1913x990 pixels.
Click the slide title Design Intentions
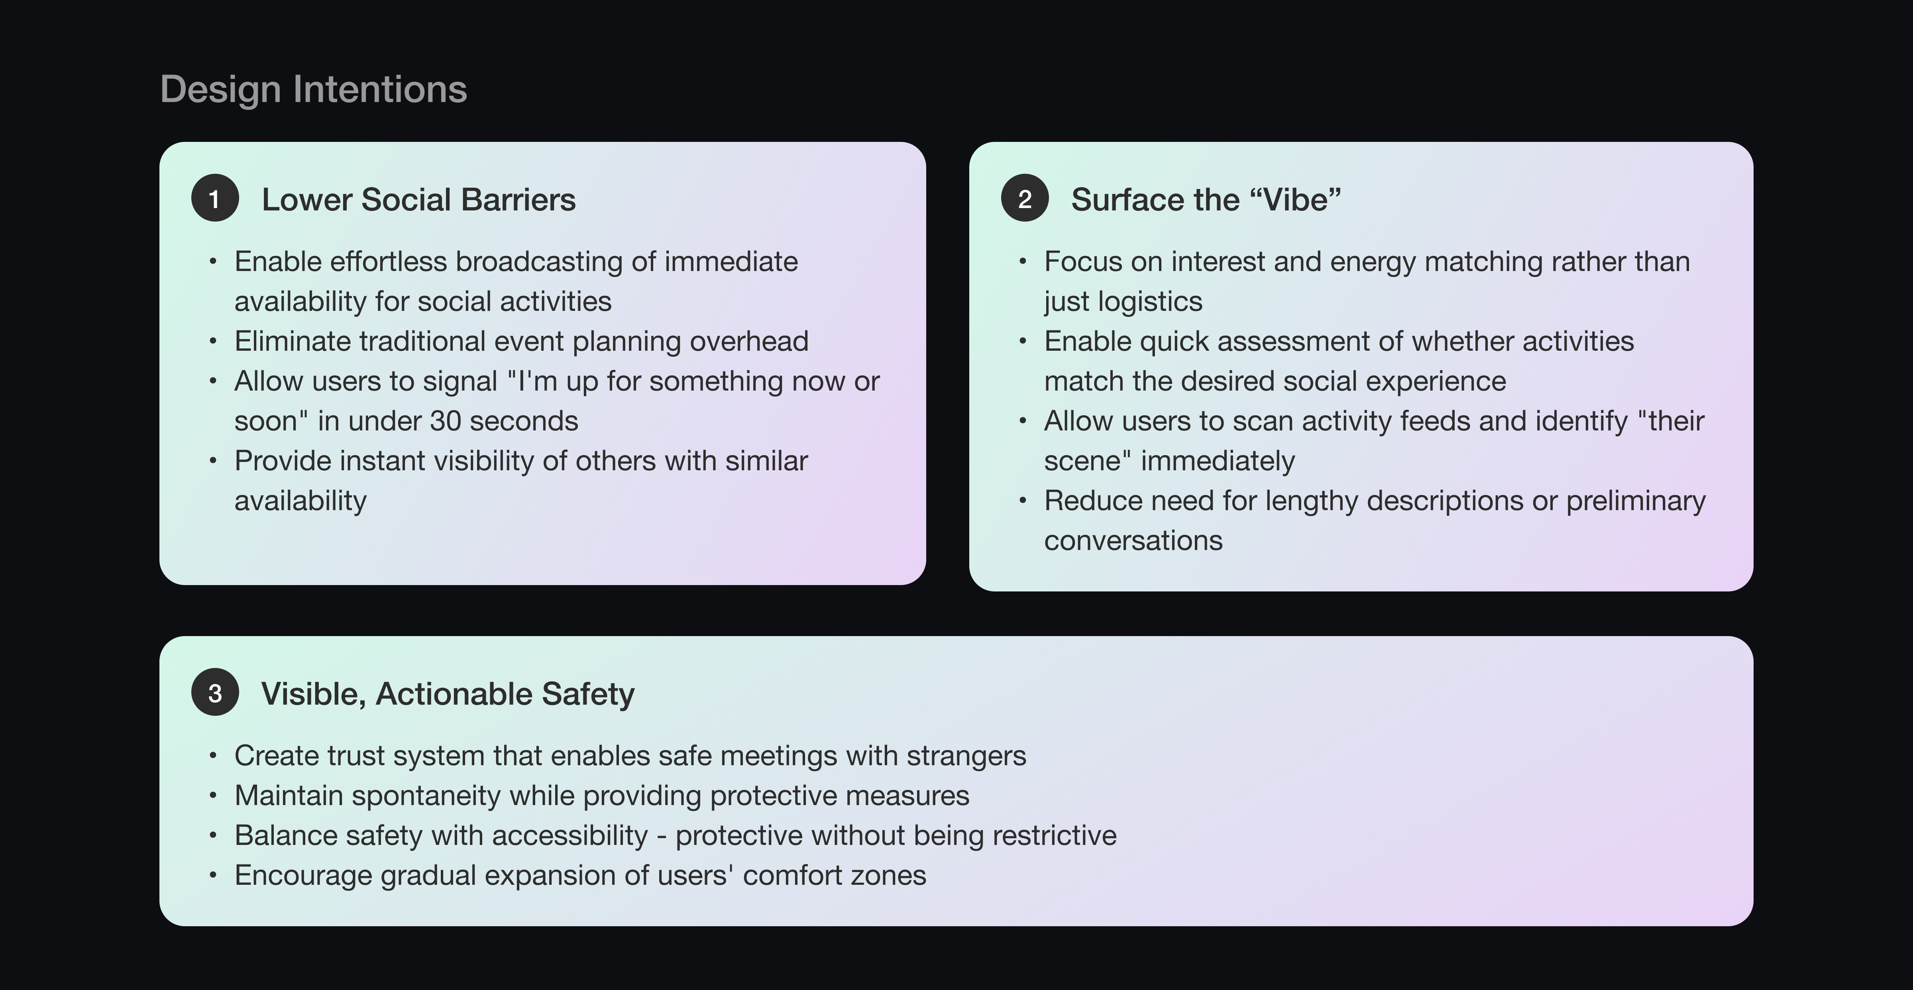click(313, 89)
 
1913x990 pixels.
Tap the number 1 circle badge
click(215, 198)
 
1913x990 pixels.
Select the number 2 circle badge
click(1025, 198)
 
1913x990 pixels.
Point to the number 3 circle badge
click(215, 693)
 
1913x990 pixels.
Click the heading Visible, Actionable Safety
click(448, 693)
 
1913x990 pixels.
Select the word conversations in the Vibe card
click(1133, 541)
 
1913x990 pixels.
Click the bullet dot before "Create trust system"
click(213, 756)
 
